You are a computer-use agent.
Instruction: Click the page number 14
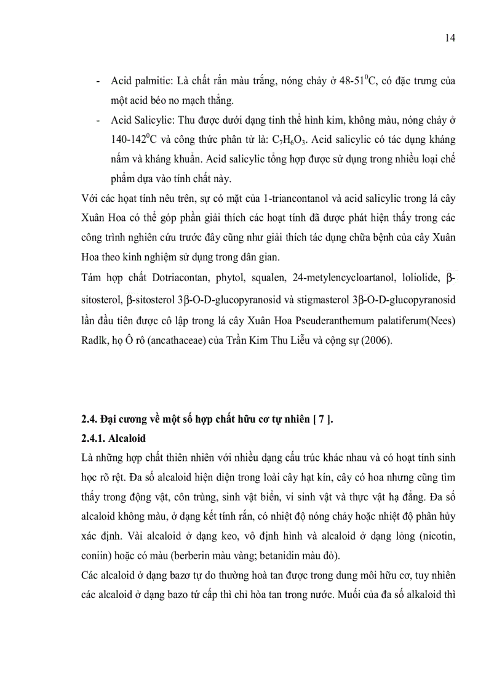pos(450,38)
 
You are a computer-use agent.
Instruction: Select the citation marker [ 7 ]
pos(321,420)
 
